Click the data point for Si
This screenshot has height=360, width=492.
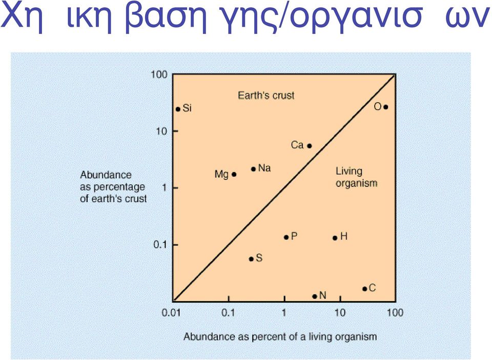click(178, 109)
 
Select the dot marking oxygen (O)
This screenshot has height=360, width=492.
click(386, 107)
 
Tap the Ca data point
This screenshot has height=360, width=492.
click(310, 146)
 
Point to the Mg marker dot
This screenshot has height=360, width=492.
click(234, 174)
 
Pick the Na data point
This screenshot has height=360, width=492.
click(254, 169)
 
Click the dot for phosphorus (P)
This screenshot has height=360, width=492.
click(286, 237)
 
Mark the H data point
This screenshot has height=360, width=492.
click(335, 238)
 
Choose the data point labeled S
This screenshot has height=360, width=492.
click(251, 259)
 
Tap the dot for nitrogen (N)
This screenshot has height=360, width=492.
click(315, 296)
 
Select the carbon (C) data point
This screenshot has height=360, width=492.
click(364, 289)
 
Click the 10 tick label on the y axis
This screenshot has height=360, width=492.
click(162, 131)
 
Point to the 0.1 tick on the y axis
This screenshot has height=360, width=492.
click(160, 245)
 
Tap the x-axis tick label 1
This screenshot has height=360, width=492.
click(284, 313)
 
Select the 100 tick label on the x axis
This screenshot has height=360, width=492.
click(395, 313)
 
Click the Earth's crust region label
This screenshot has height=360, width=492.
click(266, 95)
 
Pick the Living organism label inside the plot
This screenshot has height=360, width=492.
click(357, 177)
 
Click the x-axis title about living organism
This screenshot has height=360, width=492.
click(280, 337)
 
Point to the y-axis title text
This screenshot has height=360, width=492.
click(113, 187)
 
